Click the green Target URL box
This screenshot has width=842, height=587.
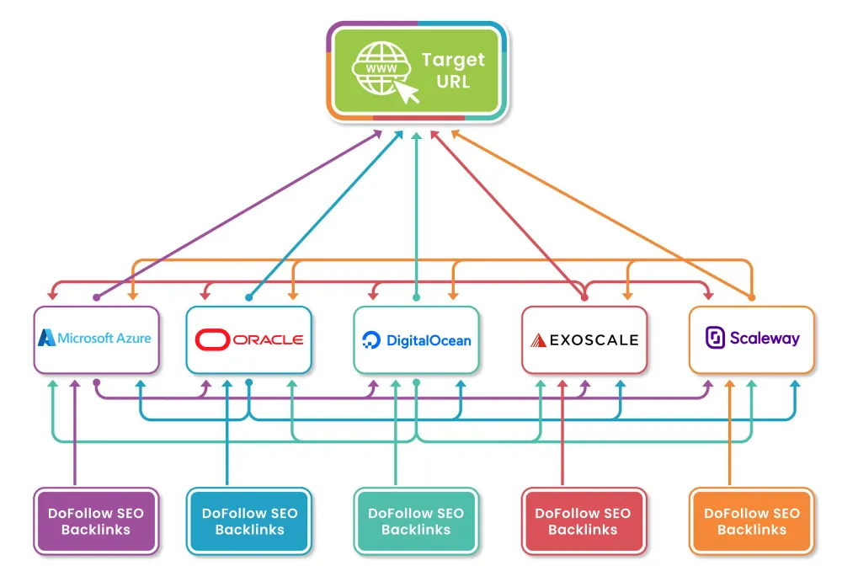pyautogui.click(x=418, y=72)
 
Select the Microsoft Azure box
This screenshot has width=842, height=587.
pyautogui.click(x=96, y=339)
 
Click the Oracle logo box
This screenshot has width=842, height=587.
pyautogui.click(x=248, y=339)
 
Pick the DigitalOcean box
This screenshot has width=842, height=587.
pyautogui.click(x=416, y=339)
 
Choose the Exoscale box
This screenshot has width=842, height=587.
pyautogui.click(x=584, y=339)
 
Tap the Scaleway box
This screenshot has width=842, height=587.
pyautogui.click(x=751, y=339)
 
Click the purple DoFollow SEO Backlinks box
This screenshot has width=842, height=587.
pyautogui.click(x=96, y=521)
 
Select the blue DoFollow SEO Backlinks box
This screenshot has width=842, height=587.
pyautogui.click(x=248, y=521)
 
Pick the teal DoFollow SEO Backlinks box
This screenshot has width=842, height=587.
pyautogui.click(x=416, y=521)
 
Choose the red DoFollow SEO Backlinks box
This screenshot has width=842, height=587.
pyautogui.click(x=584, y=521)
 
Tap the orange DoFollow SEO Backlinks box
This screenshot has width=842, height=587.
pyautogui.click(x=751, y=521)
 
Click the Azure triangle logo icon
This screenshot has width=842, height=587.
pyautogui.click(x=46, y=338)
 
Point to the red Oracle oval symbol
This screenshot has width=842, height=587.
pyautogui.click(x=212, y=339)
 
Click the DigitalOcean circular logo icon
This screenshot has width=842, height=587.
pyautogui.click(x=371, y=341)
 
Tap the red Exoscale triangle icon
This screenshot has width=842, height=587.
pyautogui.click(x=538, y=341)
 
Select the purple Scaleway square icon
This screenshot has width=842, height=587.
pyautogui.click(x=715, y=339)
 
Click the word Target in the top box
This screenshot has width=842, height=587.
pyautogui.click(x=453, y=60)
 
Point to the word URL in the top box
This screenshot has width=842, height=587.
pyautogui.click(x=453, y=82)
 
